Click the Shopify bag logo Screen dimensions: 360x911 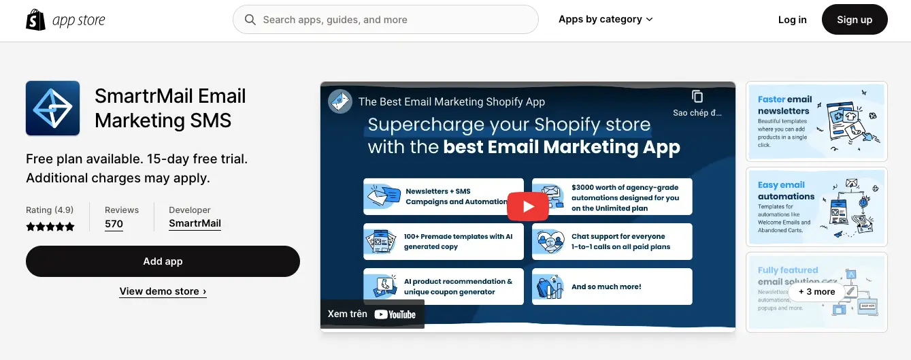point(35,20)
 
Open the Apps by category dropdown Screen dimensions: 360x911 point(606,19)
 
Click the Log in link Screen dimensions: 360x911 point(792,20)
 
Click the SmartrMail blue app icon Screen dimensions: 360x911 point(53,108)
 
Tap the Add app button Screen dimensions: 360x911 point(163,261)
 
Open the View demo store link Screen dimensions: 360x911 point(163,291)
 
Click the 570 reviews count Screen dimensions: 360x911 point(114,224)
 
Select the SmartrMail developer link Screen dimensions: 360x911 point(195,223)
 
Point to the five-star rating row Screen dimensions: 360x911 point(50,227)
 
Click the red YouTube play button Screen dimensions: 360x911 point(527,206)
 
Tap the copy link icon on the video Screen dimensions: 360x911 point(697,97)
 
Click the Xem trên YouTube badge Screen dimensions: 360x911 point(372,314)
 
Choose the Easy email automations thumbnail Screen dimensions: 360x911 point(816,206)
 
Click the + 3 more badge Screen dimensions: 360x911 point(816,291)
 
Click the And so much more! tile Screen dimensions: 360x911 point(612,287)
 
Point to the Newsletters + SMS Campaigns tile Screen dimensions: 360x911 point(444,197)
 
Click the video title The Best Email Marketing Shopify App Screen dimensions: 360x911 point(451,101)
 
